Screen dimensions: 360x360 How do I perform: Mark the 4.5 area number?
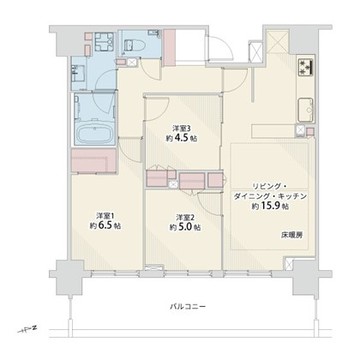tap(182, 140)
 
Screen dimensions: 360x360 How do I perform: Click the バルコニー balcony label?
tap(184, 306)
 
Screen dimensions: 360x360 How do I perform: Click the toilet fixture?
tap(133, 45)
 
